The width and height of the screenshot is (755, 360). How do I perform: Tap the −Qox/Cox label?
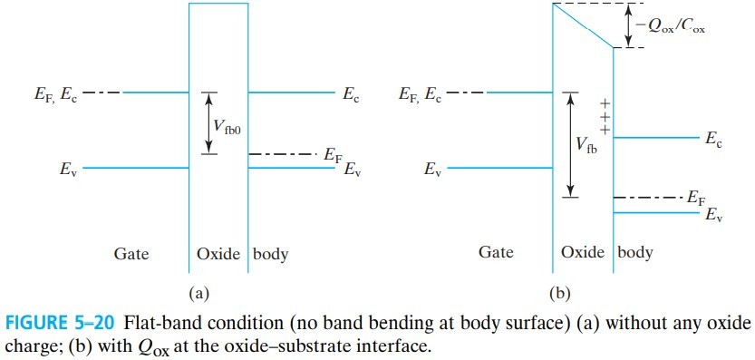click(x=671, y=27)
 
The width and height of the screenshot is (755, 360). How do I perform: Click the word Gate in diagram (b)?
click(x=496, y=254)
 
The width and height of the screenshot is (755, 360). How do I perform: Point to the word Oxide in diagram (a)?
click(x=218, y=254)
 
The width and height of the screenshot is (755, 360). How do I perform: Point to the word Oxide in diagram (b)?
click(x=583, y=254)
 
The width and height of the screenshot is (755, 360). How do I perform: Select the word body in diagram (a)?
click(x=270, y=254)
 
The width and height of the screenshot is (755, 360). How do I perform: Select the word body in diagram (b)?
click(x=635, y=254)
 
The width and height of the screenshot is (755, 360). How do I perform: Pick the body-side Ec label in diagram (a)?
click(x=351, y=93)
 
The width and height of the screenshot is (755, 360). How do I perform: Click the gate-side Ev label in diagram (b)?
click(x=431, y=169)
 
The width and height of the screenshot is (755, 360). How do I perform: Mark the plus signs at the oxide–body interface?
click(x=605, y=116)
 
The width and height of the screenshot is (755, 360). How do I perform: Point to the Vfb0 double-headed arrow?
click(x=210, y=122)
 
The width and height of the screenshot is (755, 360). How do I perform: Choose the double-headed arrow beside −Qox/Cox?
click(x=626, y=25)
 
